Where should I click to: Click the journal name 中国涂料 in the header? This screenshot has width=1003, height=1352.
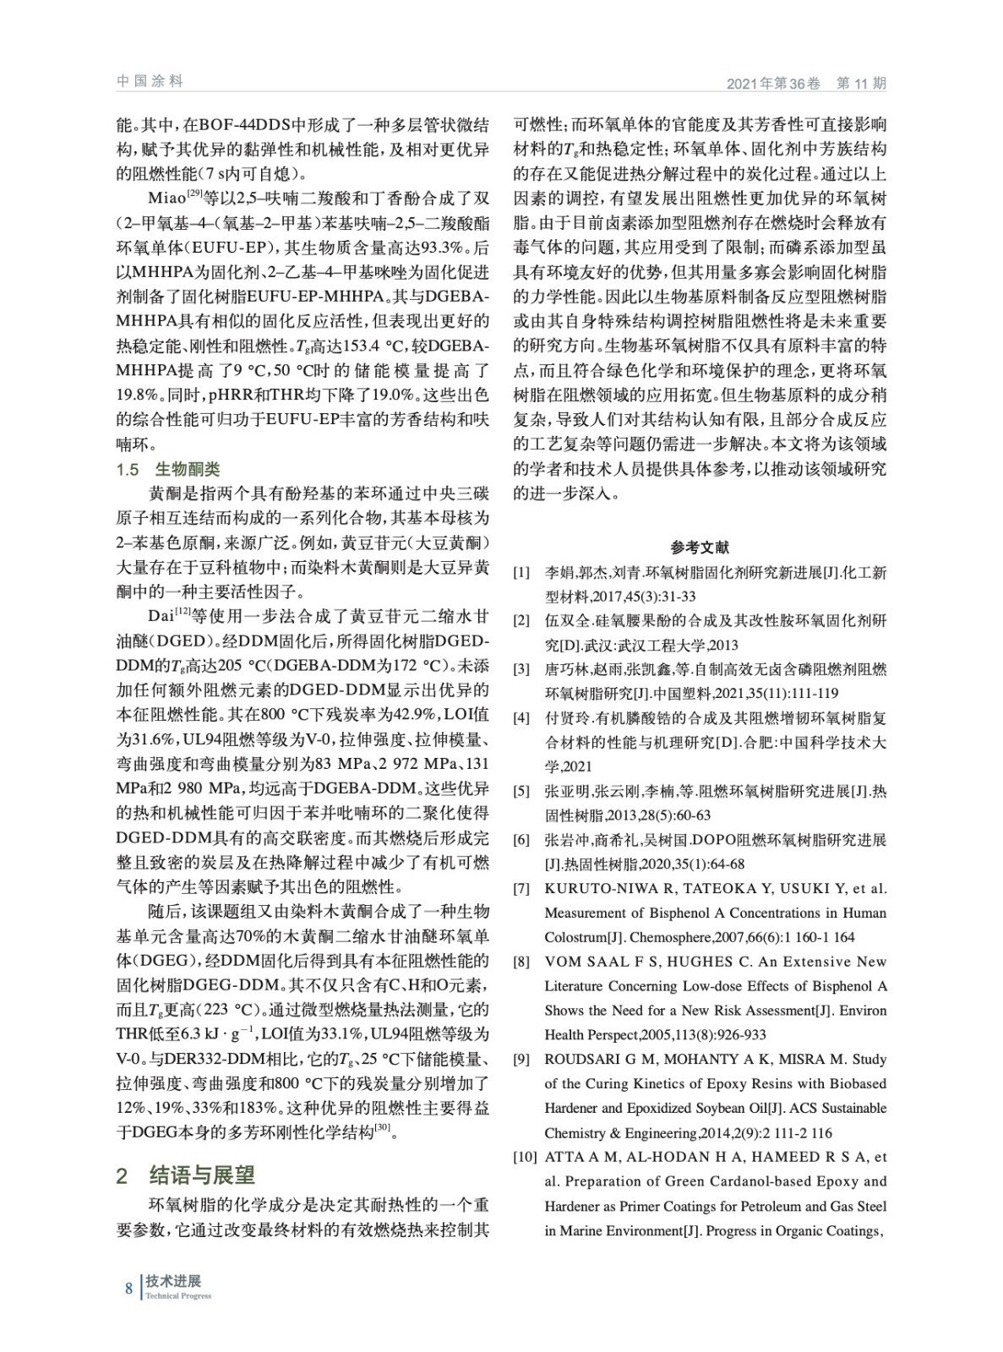coord(149,81)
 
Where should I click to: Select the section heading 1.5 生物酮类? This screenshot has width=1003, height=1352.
coord(167,470)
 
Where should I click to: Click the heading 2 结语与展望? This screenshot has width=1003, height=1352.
coord(185,1175)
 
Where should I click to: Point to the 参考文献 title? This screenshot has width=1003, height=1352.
coord(700,548)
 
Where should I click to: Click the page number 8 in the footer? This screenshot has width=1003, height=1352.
coord(129,1288)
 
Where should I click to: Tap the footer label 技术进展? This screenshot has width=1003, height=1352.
coord(172,1281)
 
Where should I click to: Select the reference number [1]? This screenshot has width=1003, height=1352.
coord(521,573)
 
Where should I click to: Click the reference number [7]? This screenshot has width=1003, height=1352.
coord(521,889)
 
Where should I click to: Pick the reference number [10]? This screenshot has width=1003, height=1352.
coord(525,1157)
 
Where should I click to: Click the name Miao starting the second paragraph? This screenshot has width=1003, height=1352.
coord(166,199)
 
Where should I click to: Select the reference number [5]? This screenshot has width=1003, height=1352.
coord(521,792)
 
